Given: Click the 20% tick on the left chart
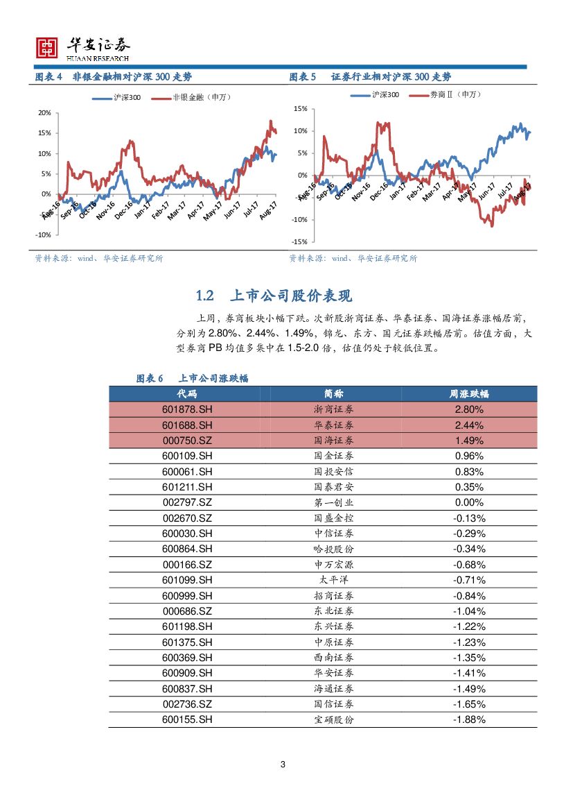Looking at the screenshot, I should [x=44, y=112].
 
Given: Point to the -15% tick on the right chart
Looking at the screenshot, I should [x=300, y=242].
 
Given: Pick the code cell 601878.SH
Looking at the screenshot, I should [x=187, y=409].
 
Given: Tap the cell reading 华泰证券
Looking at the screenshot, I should [x=333, y=425].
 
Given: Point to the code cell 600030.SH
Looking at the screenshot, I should [x=187, y=533].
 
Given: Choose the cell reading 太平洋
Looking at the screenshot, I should [x=333, y=580].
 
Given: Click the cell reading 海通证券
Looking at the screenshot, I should [x=333, y=689].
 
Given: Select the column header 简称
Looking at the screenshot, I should [x=333, y=393].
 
